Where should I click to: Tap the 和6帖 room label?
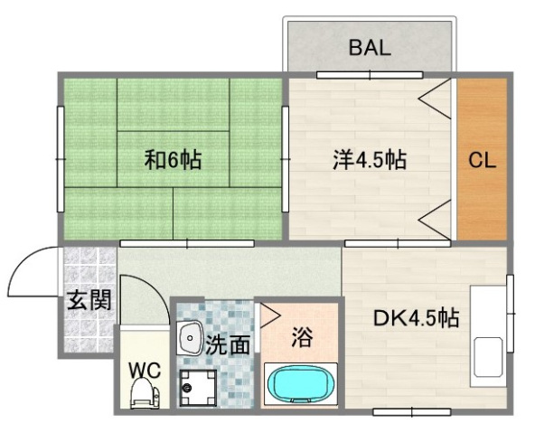(x=173, y=161)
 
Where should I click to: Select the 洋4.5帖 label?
(x=368, y=161)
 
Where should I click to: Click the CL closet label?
(x=481, y=161)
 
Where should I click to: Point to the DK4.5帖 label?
(x=417, y=318)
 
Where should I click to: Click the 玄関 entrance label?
(x=89, y=301)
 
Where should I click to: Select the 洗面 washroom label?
(x=227, y=344)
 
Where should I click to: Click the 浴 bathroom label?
(x=302, y=338)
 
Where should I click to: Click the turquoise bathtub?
(x=301, y=383)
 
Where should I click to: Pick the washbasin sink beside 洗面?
(x=191, y=339)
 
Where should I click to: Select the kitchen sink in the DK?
(x=489, y=358)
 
